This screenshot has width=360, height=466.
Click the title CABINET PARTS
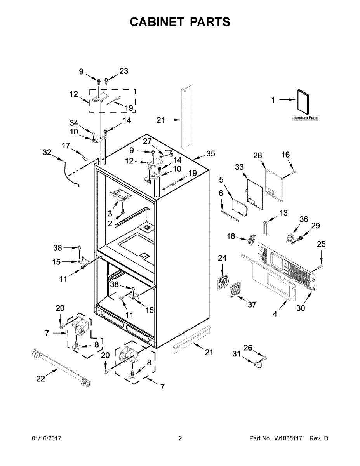[x=180, y=22]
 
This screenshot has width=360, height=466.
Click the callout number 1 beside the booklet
[x=273, y=100]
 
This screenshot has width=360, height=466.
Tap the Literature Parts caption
[x=304, y=118]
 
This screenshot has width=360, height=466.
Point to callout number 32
[x=47, y=153]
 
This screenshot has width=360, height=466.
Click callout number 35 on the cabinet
[x=210, y=154]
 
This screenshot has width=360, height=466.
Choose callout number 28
[x=258, y=155]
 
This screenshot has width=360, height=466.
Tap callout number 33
[x=239, y=167]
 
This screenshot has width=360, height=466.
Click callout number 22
[x=41, y=379]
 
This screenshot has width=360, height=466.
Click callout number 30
[x=301, y=308]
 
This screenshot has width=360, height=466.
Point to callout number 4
[x=275, y=314]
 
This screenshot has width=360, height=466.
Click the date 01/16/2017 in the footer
[x=46, y=438]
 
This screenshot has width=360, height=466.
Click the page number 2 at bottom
[x=180, y=438]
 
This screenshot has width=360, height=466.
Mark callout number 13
[x=283, y=213]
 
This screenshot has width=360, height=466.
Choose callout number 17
[x=66, y=146]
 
